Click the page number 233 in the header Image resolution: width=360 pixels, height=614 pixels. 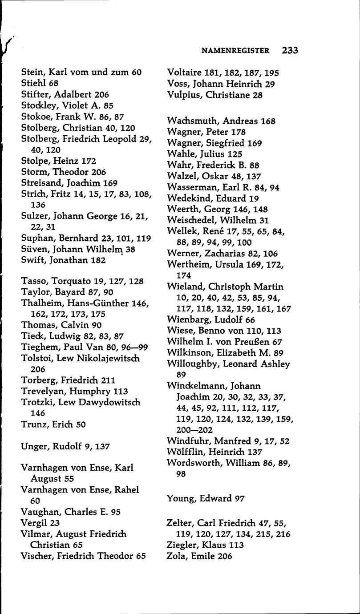tap(290, 50)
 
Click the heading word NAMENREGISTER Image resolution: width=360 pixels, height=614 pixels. tap(235, 51)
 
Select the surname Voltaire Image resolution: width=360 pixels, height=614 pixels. tap(184, 73)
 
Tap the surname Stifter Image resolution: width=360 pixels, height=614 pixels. tap(35, 94)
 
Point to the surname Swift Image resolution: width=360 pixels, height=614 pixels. tap(34, 260)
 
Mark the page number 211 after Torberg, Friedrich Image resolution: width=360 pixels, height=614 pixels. tap(108, 380)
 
